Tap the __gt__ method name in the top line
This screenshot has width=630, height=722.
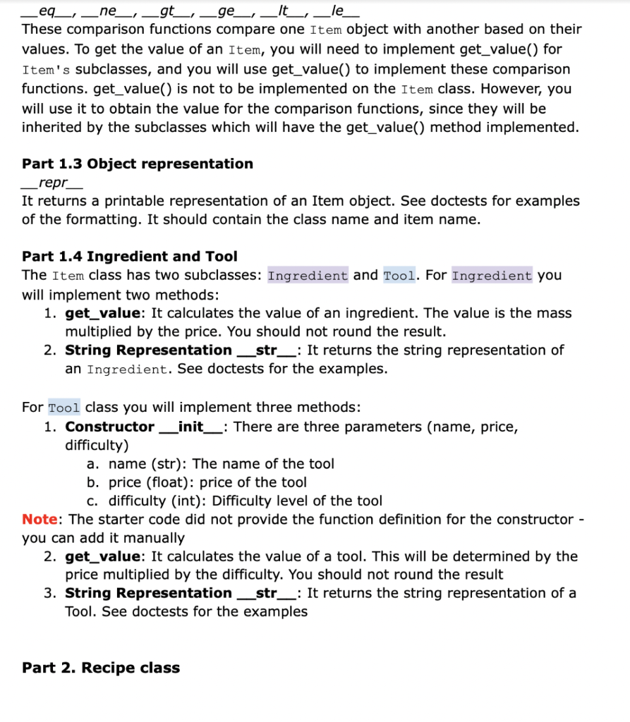[x=167, y=11]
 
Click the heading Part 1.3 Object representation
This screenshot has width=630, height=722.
[x=138, y=164]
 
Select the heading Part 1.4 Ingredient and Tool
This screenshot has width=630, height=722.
[x=130, y=256]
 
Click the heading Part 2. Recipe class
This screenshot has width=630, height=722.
[x=101, y=667]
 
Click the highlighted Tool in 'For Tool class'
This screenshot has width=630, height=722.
[x=64, y=408]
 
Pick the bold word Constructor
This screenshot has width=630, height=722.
[x=109, y=427]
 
